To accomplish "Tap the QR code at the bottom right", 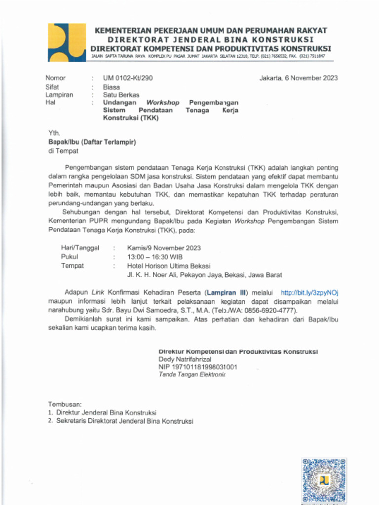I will coord(324,481).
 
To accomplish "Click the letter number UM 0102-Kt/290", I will coord(131,78).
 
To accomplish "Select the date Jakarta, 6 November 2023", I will coord(299,78).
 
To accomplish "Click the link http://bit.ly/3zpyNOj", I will coord(309,292).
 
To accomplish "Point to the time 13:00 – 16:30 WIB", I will coord(155,257).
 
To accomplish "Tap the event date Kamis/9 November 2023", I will coord(164,248).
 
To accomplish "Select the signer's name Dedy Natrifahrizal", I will coord(185,360).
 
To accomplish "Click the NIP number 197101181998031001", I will coord(197,367).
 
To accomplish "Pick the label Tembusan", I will coord(65,404).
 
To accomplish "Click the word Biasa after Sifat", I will coord(112,87).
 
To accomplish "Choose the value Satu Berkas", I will coord(121,95).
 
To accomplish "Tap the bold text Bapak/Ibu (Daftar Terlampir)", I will coord(92,142).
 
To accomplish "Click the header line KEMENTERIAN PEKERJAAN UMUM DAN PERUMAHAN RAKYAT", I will coord(211,31).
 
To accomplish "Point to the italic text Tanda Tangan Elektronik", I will coord(191,375).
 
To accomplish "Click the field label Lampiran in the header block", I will coord(59,95).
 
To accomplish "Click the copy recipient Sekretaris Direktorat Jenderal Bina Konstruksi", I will coord(124,421).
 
